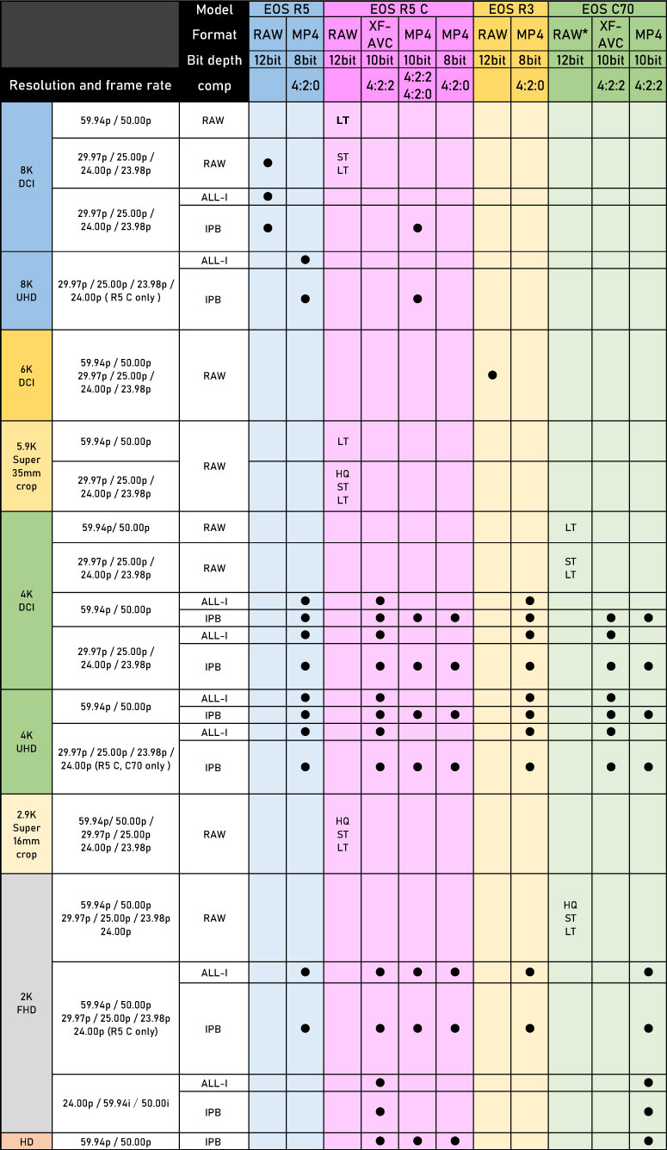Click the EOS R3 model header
click(510, 9)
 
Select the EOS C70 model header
click(607, 9)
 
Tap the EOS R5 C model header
click(398, 9)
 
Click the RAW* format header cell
click(570, 34)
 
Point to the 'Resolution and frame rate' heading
click(90, 85)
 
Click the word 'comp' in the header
click(214, 85)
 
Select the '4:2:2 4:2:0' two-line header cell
click(417, 85)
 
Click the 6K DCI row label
click(27, 375)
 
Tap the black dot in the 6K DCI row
click(492, 375)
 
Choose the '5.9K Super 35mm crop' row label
click(27, 467)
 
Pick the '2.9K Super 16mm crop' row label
click(27, 834)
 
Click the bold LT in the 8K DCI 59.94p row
click(343, 121)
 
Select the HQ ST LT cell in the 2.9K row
click(343, 834)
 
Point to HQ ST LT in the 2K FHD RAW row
click(570, 918)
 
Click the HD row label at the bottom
click(27, 1141)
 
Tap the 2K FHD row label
click(27, 1005)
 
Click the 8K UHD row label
click(27, 291)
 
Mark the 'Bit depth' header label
click(214, 60)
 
